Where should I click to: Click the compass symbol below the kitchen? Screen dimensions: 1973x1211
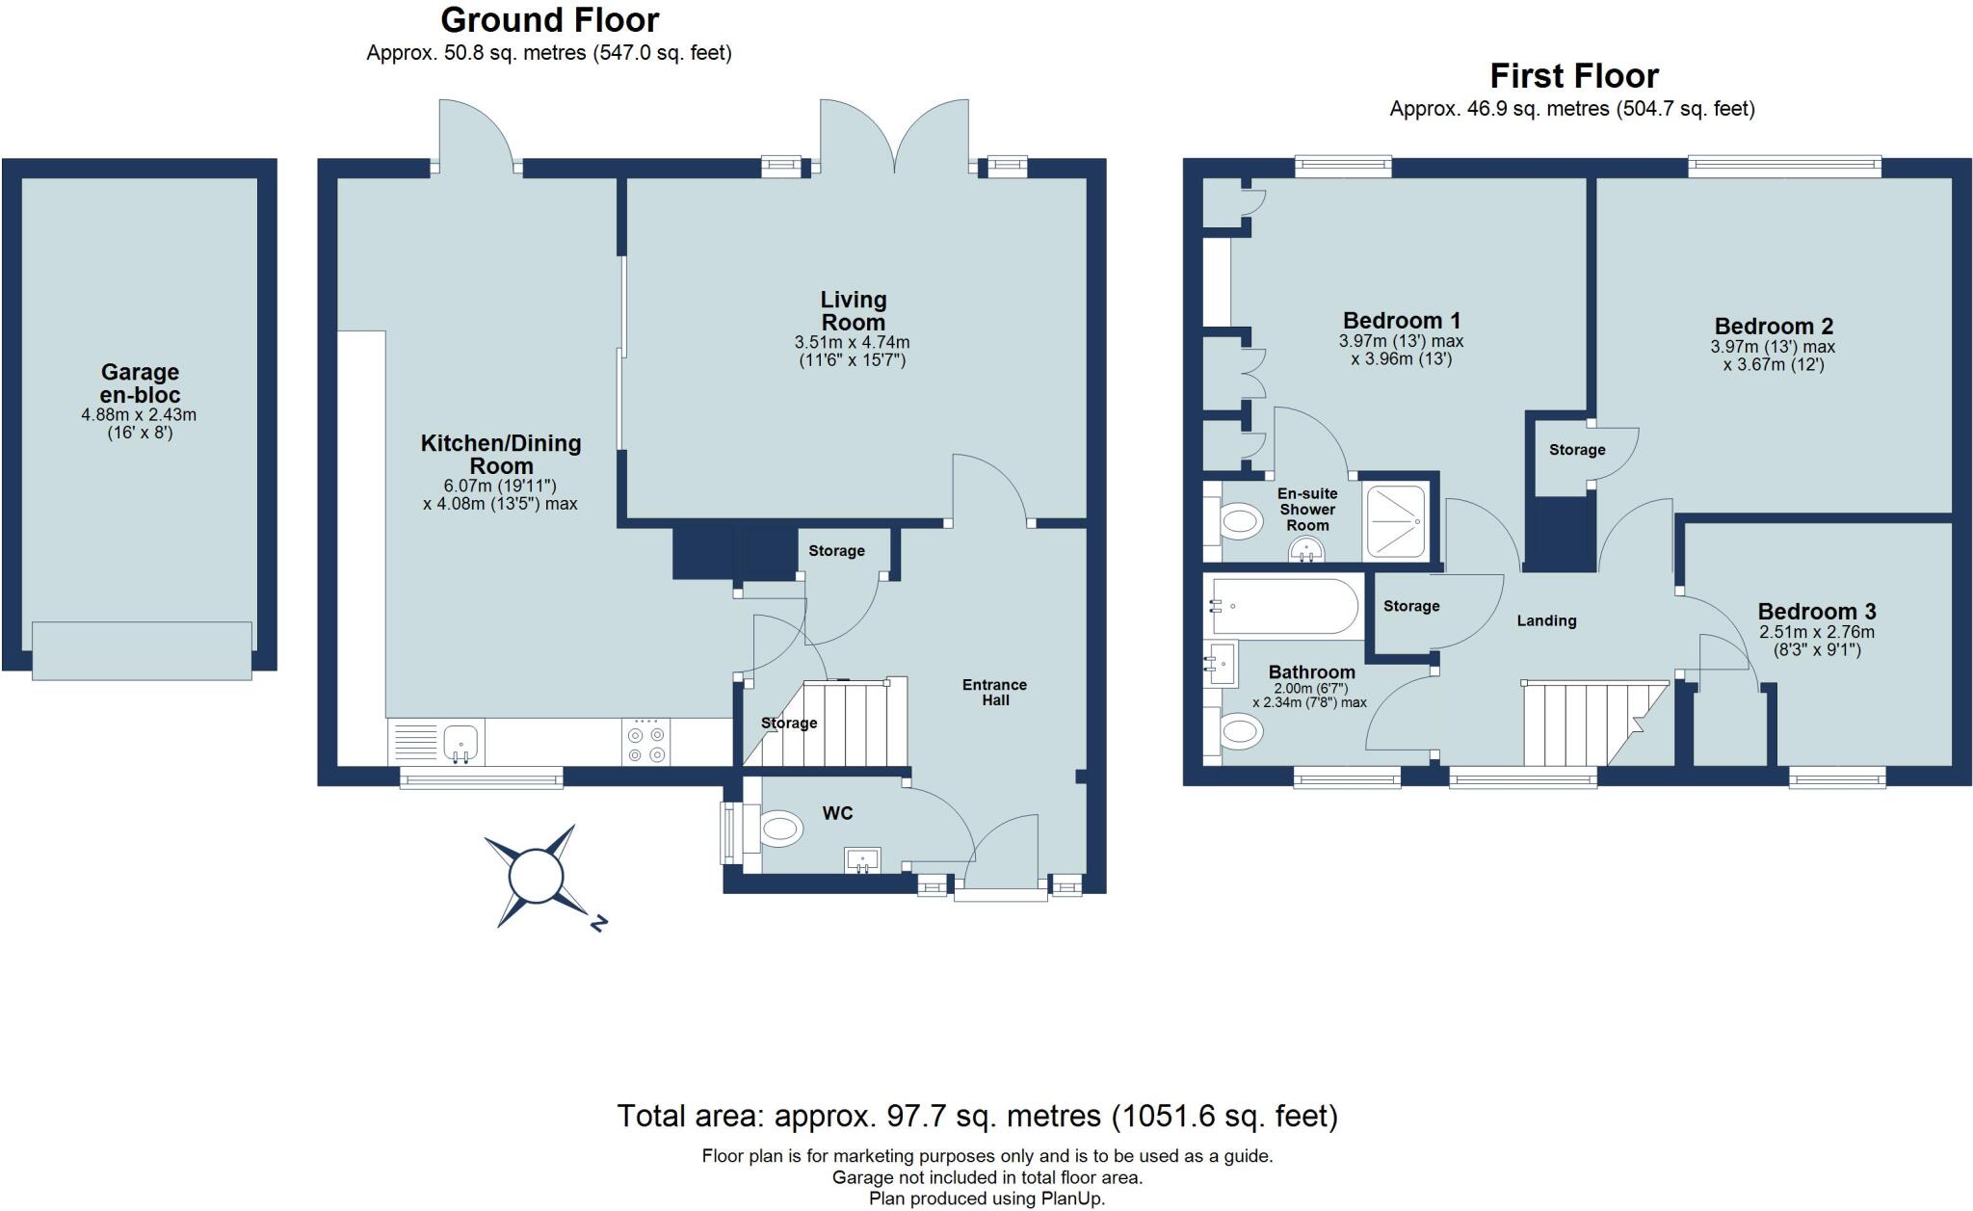tap(536, 876)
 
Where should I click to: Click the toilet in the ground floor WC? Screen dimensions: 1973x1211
tap(780, 828)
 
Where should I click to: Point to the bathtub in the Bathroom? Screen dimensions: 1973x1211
tap(1284, 606)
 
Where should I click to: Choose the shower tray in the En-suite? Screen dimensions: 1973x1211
tap(1395, 520)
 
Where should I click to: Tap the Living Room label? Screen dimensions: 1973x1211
tap(854, 311)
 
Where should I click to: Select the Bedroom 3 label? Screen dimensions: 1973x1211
tap(1817, 612)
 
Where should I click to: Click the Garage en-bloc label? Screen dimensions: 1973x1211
tap(140, 383)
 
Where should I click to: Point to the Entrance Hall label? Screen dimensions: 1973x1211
tap(995, 692)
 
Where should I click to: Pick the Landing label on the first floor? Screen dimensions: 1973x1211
tap(1546, 621)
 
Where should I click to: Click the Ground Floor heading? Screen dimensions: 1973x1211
tap(549, 20)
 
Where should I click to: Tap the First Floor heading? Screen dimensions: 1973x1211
tap(1573, 76)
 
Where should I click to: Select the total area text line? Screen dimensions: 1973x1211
tap(977, 1117)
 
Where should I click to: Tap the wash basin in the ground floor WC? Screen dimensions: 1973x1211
tap(861, 859)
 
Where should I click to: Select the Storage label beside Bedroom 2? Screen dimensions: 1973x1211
tap(1577, 450)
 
